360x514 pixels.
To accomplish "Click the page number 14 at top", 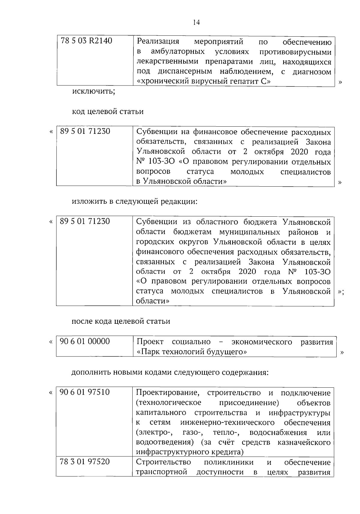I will (x=196, y=23).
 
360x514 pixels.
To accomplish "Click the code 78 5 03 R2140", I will (x=86, y=41).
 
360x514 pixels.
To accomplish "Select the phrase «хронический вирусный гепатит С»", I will (x=204, y=81).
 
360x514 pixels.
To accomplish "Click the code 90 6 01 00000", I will (x=85, y=341).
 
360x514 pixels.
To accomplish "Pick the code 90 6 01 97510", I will (x=85, y=392).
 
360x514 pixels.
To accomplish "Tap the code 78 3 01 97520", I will (x=85, y=462).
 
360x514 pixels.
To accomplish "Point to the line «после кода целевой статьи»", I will (x=121, y=321).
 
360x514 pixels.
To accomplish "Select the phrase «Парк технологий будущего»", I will (x=192, y=352).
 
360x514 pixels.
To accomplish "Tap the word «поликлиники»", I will (x=228, y=462).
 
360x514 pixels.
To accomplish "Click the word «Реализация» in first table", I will (x=158, y=41).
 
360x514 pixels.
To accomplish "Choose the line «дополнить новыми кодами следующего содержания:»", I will (x=170, y=372).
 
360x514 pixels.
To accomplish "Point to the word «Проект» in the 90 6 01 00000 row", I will (x=150, y=342).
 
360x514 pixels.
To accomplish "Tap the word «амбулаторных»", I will (x=178, y=52).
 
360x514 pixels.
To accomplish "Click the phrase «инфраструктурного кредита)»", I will (x=190, y=452).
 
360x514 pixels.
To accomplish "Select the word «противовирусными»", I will (x=295, y=52).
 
